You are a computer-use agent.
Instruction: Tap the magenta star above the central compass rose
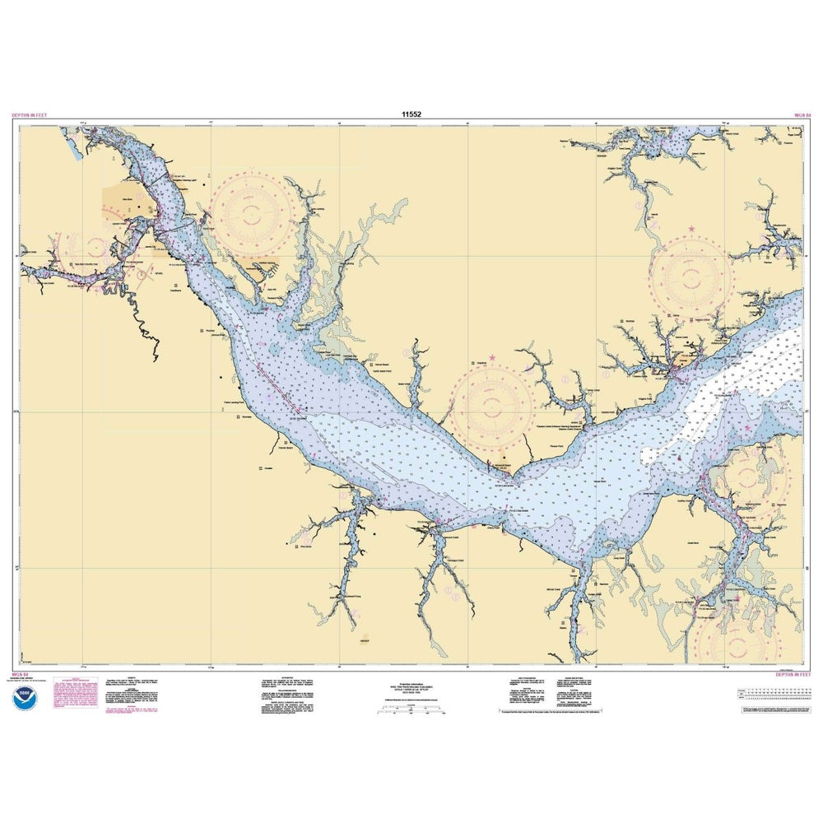pyautogui.click(x=492, y=358)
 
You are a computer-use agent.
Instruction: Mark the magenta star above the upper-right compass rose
pyautogui.click(x=691, y=228)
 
